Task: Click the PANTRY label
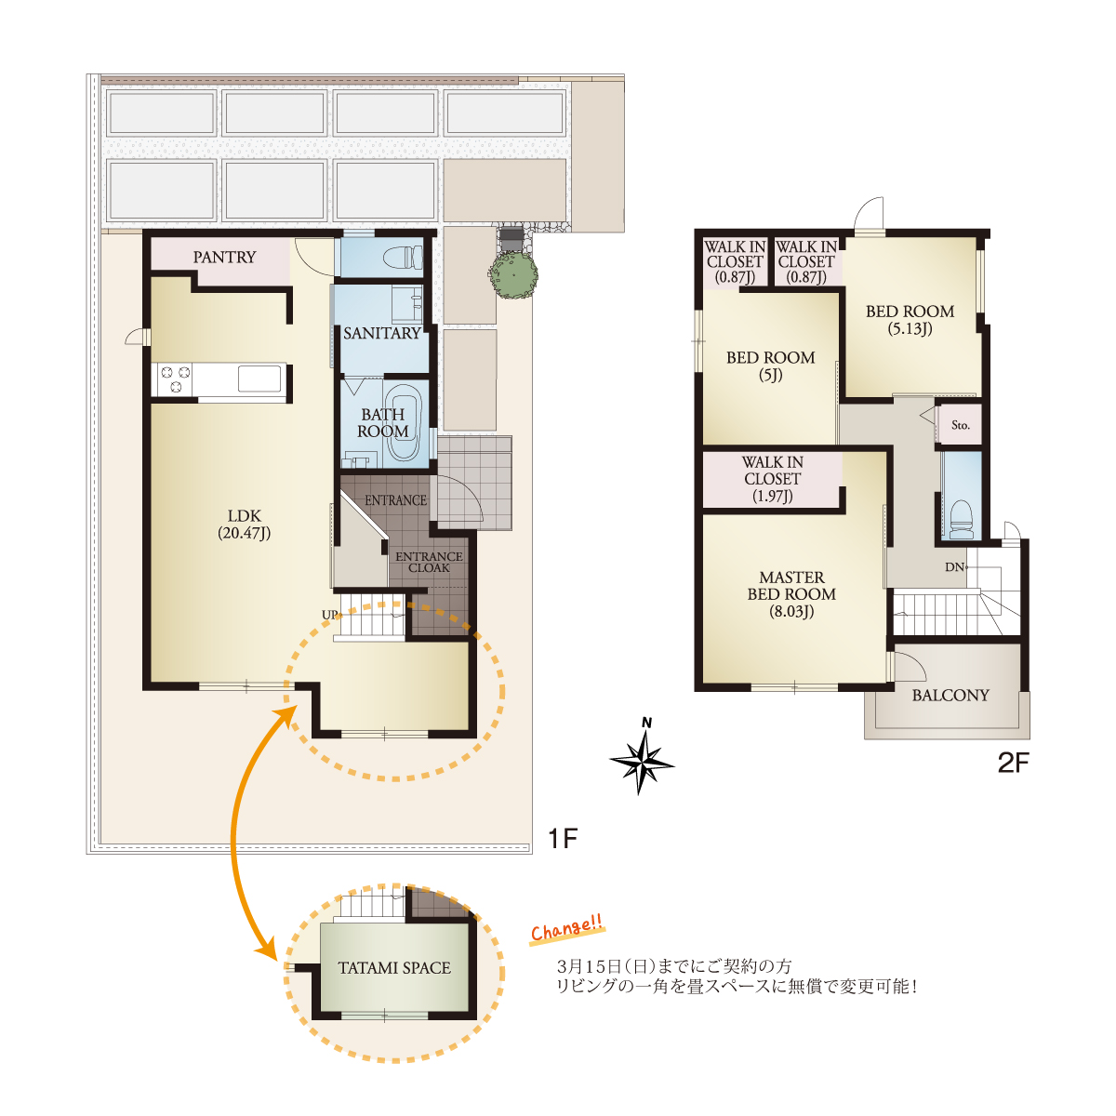[x=224, y=257]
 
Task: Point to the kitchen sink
[x=259, y=379]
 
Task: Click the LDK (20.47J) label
[x=244, y=525]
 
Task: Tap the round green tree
[x=512, y=274]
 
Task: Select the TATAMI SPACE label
[x=394, y=968]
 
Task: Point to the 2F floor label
[x=1013, y=763]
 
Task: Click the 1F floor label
[x=562, y=838]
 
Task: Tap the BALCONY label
[x=950, y=695]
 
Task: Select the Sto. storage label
[x=960, y=425]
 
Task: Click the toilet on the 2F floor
[x=961, y=519]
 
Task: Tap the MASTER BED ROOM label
[x=791, y=594]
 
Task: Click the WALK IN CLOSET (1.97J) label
[x=772, y=479]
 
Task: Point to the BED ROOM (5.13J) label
[x=910, y=320]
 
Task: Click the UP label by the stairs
[x=329, y=615]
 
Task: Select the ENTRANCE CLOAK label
[x=429, y=562]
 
